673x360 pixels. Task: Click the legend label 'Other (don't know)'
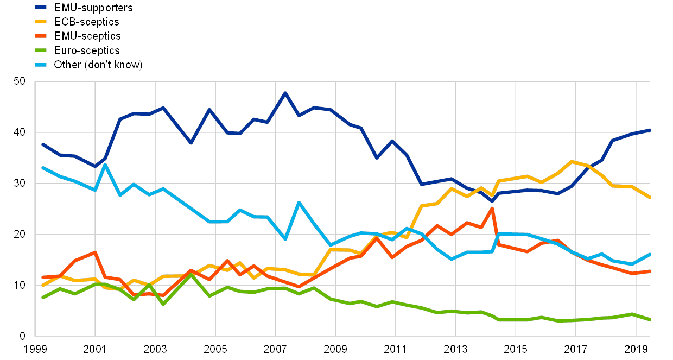[x=98, y=65]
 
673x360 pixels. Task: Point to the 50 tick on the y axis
[x=20, y=81]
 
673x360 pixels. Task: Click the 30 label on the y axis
[x=20, y=184]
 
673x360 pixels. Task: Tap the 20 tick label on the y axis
[x=20, y=234]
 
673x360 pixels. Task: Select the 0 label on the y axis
[x=22, y=336]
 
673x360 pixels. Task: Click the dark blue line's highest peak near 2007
[x=285, y=93]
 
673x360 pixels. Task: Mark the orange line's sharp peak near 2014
[x=492, y=208]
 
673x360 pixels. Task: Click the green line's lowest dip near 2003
[x=162, y=304]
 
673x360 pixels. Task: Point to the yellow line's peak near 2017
[x=572, y=161]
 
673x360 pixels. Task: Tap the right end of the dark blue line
[x=650, y=130]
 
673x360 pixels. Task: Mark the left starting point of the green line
[x=42, y=298]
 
